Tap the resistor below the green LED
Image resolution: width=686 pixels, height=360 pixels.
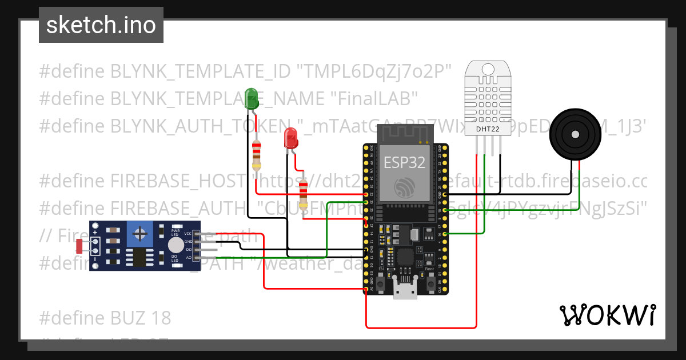[257, 155]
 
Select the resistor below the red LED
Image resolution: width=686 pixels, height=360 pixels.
[304, 191]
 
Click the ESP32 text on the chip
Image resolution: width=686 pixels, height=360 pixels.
[404, 162]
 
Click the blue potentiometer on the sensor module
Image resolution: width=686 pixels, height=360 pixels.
[139, 233]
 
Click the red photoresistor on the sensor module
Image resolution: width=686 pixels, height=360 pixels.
[80, 247]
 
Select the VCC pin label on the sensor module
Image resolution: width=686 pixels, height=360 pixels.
[188, 234]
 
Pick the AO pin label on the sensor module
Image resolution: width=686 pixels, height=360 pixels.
[188, 258]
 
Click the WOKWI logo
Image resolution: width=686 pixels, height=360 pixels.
[607, 315]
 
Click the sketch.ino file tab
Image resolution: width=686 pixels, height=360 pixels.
[101, 25]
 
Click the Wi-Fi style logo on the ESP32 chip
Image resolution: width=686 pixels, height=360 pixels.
[404, 186]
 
